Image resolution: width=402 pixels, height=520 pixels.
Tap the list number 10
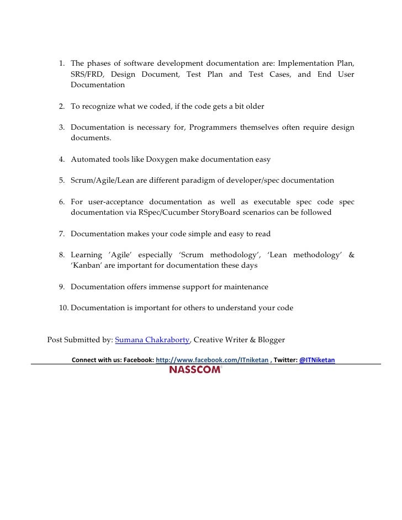click(64, 307)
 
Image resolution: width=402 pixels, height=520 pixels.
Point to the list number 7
click(62, 234)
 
